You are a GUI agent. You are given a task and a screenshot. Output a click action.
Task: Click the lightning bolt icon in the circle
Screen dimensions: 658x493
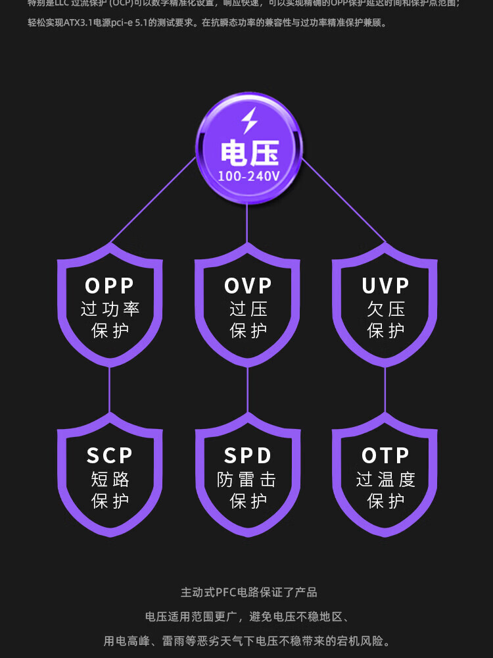pyautogui.click(x=248, y=122)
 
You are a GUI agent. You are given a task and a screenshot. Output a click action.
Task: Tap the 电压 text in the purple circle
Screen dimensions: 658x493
pyautogui.click(x=249, y=153)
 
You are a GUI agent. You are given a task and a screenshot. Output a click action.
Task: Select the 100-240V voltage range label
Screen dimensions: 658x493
pyautogui.click(x=249, y=176)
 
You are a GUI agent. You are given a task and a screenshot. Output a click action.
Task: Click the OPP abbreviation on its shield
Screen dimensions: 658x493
pyautogui.click(x=110, y=286)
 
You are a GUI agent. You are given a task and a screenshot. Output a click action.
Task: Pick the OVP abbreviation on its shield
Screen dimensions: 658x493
pyautogui.click(x=248, y=286)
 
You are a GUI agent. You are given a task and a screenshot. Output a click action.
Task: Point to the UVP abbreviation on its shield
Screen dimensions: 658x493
pyautogui.click(x=385, y=286)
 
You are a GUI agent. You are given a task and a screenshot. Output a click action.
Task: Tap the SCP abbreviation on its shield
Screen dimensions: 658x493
pyautogui.click(x=110, y=455)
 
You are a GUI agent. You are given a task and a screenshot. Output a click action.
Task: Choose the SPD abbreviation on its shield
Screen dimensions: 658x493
pyautogui.click(x=248, y=455)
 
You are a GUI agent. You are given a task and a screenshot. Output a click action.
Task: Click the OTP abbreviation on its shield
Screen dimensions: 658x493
pyautogui.click(x=385, y=455)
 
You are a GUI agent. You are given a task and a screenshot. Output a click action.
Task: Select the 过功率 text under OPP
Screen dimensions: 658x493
pyautogui.click(x=110, y=309)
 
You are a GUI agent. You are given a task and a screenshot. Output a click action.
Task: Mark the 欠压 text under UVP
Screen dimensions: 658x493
pyautogui.click(x=385, y=309)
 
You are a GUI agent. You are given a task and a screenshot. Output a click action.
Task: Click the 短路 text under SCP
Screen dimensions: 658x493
pyautogui.click(x=110, y=479)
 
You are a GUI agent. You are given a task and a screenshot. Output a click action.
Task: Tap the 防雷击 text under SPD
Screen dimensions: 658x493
pyautogui.click(x=247, y=479)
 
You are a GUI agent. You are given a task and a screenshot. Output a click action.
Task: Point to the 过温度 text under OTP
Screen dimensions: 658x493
pyautogui.click(x=385, y=479)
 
